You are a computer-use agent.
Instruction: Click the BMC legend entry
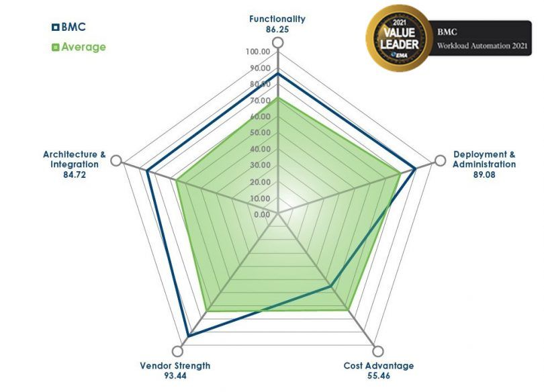pyautogui.click(x=69, y=28)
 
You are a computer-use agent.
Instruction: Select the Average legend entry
pyautogui.click(x=79, y=47)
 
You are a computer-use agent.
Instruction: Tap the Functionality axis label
pyautogui.click(x=277, y=19)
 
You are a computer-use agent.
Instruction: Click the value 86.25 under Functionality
pyautogui.click(x=277, y=29)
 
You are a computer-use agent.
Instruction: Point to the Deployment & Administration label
pyautogui.click(x=484, y=159)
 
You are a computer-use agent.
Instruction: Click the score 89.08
pyautogui.click(x=484, y=175)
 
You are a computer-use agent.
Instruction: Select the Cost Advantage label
pyautogui.click(x=378, y=366)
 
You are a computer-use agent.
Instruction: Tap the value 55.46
pyautogui.click(x=378, y=376)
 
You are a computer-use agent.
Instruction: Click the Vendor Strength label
pyautogui.click(x=175, y=366)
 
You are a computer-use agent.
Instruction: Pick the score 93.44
pyautogui.click(x=175, y=376)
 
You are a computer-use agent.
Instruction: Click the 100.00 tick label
pyautogui.click(x=258, y=52)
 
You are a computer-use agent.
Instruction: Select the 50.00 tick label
pyautogui.click(x=258, y=133)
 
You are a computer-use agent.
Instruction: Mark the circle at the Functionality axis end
pyautogui.click(x=277, y=42)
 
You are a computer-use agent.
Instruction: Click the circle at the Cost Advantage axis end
pyautogui.click(x=378, y=352)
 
